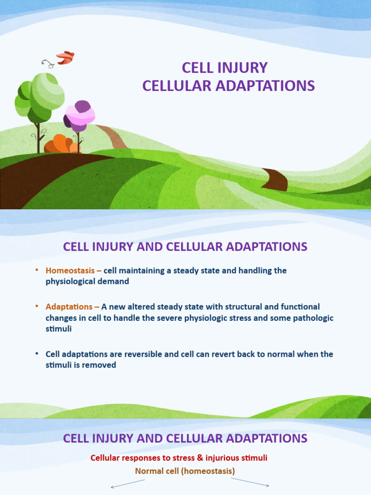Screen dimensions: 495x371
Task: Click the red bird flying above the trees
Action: [x=65, y=58]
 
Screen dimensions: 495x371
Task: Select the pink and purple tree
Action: [x=80, y=116]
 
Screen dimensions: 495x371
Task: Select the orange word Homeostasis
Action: [x=70, y=271]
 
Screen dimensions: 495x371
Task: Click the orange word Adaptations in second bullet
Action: [x=69, y=307]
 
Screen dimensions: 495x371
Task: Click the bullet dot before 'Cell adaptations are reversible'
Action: [x=37, y=354]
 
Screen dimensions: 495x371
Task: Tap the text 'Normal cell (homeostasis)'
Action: [x=185, y=471]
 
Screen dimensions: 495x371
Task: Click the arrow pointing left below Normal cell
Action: [x=128, y=483]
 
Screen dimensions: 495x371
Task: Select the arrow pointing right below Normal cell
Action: [x=250, y=482]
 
